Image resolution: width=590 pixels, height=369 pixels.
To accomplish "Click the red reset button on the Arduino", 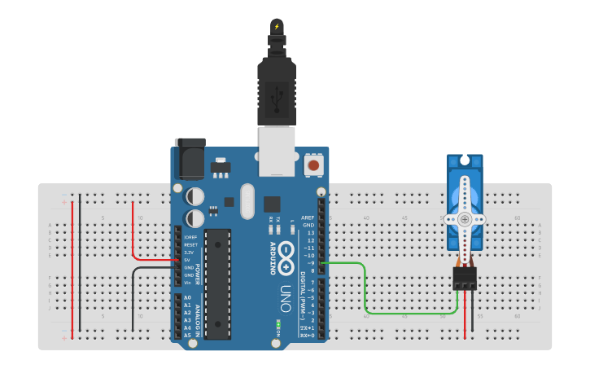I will tap(312, 165).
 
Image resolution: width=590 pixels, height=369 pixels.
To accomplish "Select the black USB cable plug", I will tap(278, 94).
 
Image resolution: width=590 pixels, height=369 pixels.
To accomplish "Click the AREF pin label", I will tap(308, 218).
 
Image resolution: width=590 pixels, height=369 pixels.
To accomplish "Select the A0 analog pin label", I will tap(187, 298).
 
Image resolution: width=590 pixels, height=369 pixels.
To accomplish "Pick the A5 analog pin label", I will tap(187, 335).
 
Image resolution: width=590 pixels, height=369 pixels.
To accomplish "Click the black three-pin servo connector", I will tap(465, 279).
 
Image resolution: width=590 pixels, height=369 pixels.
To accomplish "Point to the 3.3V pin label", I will tap(189, 253).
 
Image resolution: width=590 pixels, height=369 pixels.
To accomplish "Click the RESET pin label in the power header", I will tap(190, 244).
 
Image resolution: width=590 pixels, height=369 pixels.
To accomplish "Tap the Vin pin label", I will tap(187, 283).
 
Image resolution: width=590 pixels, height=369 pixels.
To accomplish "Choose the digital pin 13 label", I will tap(309, 233).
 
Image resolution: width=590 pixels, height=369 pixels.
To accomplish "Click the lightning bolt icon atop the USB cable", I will tap(277, 26).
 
